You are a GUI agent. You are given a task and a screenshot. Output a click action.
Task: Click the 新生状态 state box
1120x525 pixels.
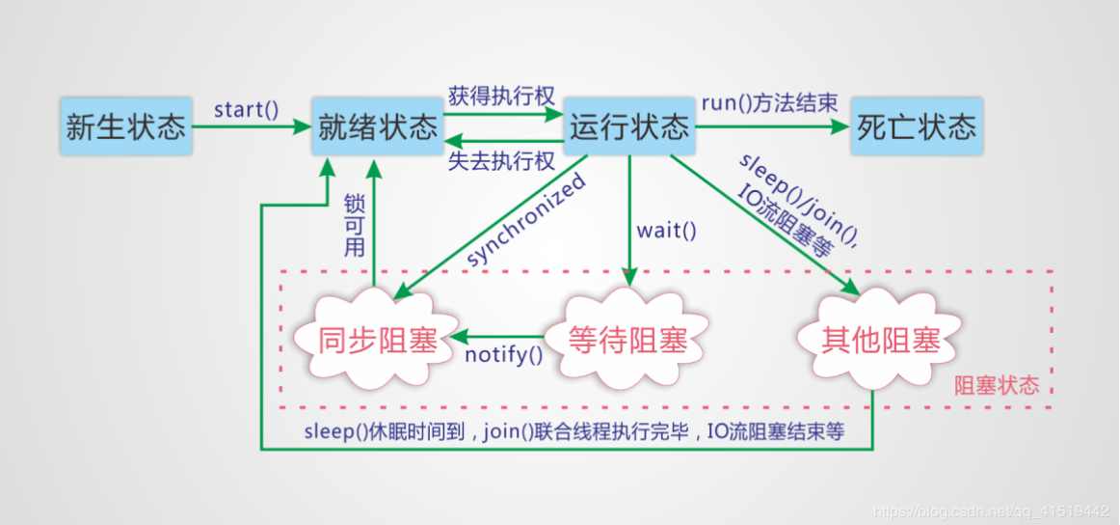tap(125, 126)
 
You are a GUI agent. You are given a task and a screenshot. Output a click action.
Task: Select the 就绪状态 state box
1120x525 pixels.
tap(377, 126)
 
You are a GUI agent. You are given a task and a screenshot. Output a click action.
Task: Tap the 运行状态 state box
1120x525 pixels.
tap(629, 126)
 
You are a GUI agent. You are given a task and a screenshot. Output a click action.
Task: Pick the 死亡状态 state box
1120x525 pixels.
tap(916, 126)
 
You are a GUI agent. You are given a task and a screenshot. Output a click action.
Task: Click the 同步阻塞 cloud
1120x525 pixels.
tap(378, 340)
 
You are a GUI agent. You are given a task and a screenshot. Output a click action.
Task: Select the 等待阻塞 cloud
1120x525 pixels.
tap(627, 340)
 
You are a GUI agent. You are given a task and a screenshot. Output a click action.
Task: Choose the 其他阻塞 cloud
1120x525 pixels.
tap(880, 340)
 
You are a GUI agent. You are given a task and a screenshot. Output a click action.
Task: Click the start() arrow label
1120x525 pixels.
tap(246, 108)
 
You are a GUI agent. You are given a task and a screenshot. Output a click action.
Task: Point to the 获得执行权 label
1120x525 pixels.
tap(501, 97)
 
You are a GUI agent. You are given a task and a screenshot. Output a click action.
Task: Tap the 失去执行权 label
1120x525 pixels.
tap(501, 161)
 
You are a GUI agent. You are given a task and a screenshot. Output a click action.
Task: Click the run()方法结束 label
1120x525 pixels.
tap(769, 103)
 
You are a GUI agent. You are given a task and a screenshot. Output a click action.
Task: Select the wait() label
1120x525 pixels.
tap(666, 231)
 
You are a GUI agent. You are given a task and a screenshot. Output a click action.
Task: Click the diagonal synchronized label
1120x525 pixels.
tap(527, 221)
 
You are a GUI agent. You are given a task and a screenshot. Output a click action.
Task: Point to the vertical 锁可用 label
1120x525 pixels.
tap(354, 225)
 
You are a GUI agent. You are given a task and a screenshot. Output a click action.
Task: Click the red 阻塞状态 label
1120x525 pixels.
tap(996, 386)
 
